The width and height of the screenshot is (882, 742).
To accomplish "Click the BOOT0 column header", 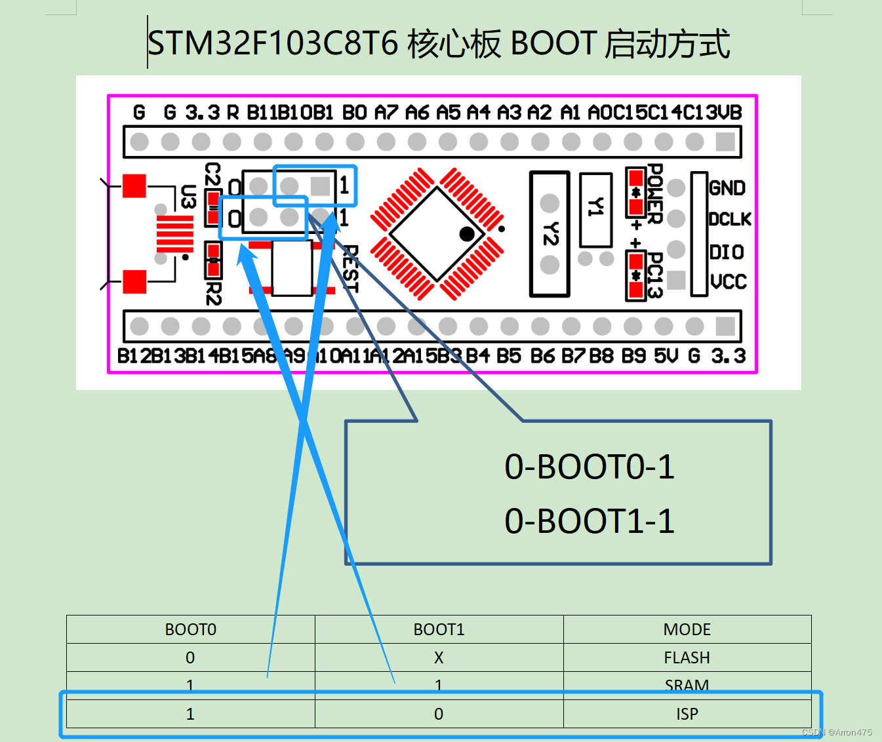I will [190, 629].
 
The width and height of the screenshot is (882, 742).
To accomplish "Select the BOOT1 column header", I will [439, 629].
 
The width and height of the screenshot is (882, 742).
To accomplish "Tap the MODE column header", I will [687, 629].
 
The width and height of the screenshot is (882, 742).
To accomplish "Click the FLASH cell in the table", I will [687, 657].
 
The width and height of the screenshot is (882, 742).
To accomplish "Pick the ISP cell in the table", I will [687, 714].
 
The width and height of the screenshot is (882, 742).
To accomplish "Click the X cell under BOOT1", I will [439, 657].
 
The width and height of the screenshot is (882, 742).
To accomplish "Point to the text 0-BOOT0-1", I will [589, 467].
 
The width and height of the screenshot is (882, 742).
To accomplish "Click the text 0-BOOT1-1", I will [589, 521].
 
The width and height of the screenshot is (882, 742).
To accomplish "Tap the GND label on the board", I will [727, 188].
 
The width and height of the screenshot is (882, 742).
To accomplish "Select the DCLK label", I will [729, 219].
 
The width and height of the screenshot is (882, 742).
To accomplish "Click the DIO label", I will [727, 252].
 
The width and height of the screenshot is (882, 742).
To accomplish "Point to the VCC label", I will [729, 282].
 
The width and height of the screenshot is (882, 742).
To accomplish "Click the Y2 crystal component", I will [550, 234].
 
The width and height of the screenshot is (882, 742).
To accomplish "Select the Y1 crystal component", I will [595, 208].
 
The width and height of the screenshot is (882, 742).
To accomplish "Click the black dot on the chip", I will [467, 234].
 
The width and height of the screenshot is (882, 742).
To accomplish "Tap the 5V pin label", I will [666, 356].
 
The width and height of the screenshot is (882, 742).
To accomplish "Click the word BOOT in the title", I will [553, 44].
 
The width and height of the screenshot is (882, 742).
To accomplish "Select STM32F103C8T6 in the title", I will [273, 44].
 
